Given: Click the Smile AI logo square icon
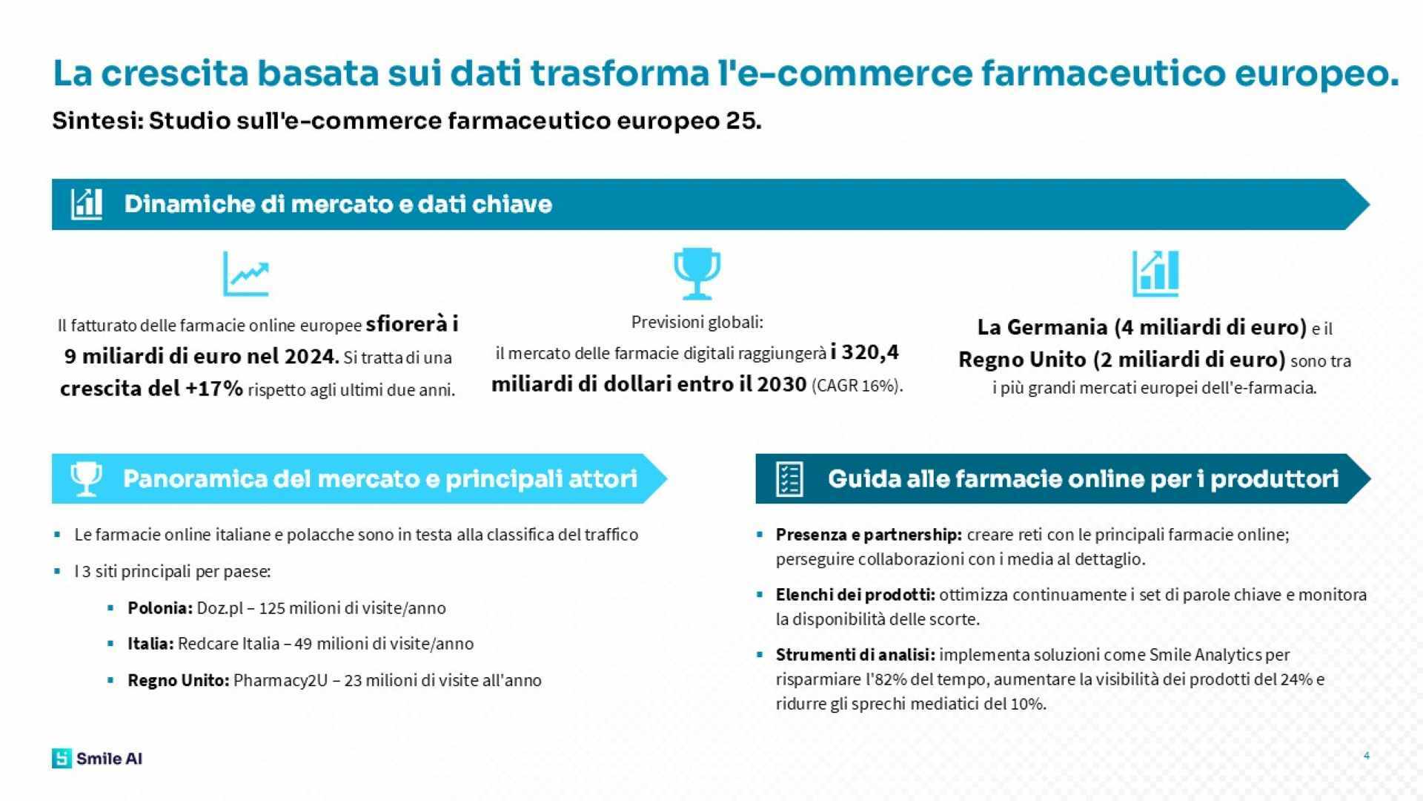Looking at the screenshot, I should (x=62, y=758).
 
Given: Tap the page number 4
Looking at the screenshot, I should (x=1366, y=756).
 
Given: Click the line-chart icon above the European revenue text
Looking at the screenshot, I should (x=246, y=274).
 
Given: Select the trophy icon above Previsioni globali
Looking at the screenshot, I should (x=697, y=274).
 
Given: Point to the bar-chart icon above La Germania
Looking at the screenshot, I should (x=1155, y=274).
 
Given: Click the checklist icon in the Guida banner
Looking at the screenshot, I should (x=789, y=479).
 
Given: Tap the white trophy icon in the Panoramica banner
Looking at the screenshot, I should (x=86, y=479).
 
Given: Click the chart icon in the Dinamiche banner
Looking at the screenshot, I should (x=87, y=204).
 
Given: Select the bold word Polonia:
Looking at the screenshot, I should (x=160, y=608).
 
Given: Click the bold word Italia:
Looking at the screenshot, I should (x=150, y=644).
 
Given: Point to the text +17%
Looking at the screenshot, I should (x=214, y=389).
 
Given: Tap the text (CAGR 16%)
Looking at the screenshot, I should (x=858, y=386).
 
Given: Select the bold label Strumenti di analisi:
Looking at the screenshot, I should (x=855, y=655).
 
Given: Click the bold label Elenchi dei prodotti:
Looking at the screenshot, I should (x=855, y=595).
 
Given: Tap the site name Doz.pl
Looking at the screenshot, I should (x=220, y=608).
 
